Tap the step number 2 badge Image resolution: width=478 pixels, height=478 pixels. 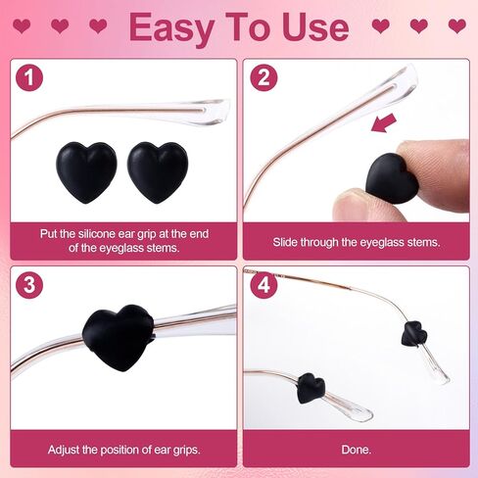click(x=263, y=79)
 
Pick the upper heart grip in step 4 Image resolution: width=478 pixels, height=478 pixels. click(x=413, y=335)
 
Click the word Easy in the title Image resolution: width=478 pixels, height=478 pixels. click(x=179, y=27)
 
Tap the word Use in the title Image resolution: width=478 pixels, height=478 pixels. click(x=315, y=27)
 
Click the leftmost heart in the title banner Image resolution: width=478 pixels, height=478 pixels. click(x=23, y=26)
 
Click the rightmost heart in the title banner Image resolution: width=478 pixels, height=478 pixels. click(x=455, y=26)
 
